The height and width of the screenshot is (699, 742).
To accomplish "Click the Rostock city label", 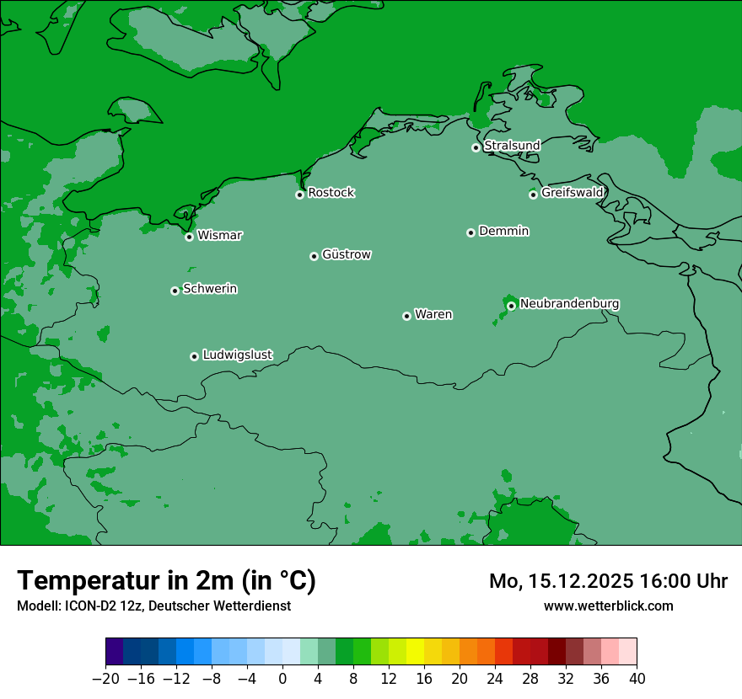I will pos(331,193).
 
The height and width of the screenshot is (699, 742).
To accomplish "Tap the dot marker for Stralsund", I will pos(476,147).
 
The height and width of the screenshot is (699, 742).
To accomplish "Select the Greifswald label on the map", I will pos(572,193).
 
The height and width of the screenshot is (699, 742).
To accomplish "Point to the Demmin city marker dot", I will pos(470,232).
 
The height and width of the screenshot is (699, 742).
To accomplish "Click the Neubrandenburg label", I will pos(569,303).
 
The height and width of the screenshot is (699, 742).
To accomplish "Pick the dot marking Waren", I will pos(406,316).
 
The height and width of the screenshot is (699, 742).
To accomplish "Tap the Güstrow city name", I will pos(346,254).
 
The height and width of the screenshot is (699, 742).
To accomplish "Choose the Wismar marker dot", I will pos(189,237).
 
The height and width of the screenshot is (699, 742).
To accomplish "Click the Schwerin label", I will pos(210,289).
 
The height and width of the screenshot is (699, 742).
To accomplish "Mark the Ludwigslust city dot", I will pos(194,356).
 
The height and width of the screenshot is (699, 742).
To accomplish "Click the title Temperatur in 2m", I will pos(166,580).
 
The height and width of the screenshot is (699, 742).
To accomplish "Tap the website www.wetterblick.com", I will pos(608,606).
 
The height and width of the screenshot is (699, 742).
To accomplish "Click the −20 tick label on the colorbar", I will pos(105,679).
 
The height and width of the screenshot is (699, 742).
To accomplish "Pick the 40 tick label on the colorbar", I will pos(637,679).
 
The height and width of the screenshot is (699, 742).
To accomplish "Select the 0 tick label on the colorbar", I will pos(282,679).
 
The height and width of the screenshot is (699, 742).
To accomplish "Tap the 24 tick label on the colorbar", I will pos(495,679).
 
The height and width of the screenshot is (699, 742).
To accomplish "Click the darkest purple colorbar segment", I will pos(115,651).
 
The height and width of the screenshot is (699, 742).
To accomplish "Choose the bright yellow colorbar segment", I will pos(415,651).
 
